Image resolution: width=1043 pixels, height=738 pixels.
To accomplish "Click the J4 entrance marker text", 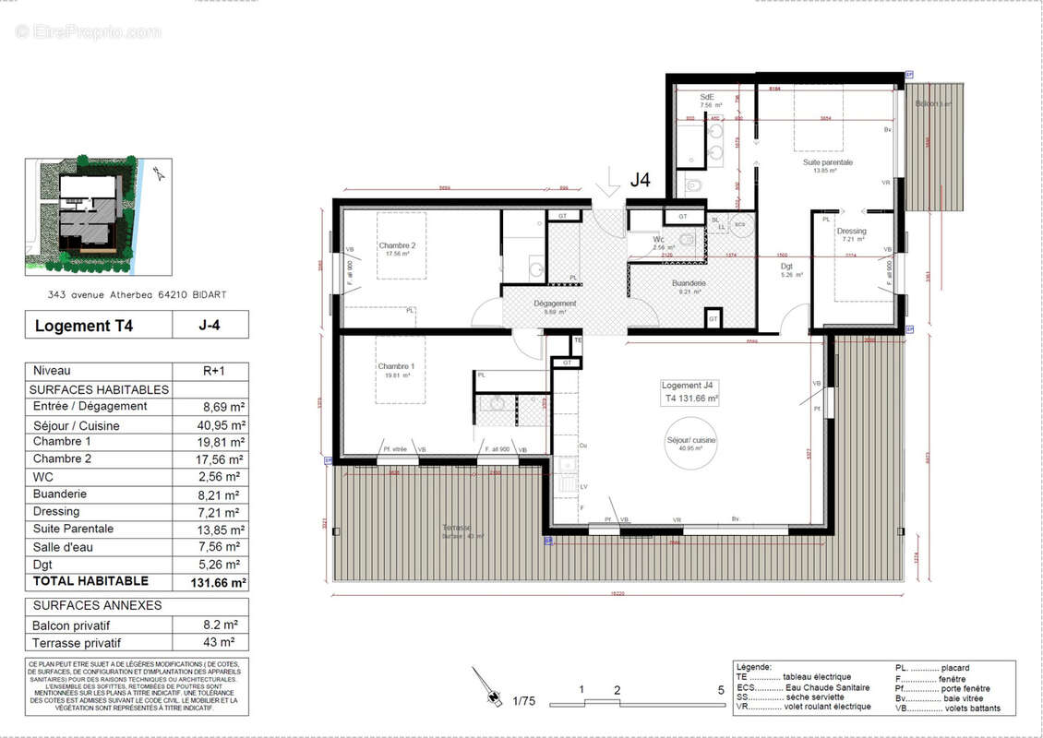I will pos(641,181).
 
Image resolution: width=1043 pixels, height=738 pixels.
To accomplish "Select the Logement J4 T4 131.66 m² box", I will pos(689,392).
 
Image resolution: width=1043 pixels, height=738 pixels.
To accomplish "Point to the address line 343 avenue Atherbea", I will pos(138,294).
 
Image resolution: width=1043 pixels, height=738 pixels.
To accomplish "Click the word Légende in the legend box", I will pos(754,667).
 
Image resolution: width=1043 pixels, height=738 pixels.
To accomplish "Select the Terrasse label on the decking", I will pos(456,528).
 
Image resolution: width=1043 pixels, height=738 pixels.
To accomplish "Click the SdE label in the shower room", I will pos(708,97).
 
